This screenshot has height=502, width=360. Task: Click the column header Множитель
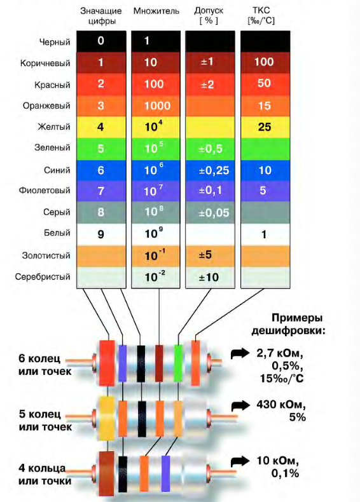[x=156, y=11]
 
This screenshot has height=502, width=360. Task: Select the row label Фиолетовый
[x=45, y=191]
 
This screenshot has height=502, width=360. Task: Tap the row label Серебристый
[x=43, y=276]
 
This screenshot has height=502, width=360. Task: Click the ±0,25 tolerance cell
[x=214, y=170]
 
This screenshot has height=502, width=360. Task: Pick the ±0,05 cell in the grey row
[x=214, y=213]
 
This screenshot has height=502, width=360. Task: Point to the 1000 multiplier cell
[x=157, y=106]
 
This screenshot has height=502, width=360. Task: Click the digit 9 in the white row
[x=100, y=234]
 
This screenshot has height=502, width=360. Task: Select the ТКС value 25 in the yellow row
[x=265, y=127]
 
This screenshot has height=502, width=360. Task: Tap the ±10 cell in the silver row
[x=209, y=277]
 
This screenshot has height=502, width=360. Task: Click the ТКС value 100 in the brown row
[x=264, y=62]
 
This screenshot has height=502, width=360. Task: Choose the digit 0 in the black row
[x=100, y=41]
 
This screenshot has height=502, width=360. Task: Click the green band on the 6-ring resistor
[x=178, y=363]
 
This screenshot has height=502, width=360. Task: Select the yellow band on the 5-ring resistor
[x=107, y=417]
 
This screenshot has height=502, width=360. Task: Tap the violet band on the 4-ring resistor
[x=165, y=473]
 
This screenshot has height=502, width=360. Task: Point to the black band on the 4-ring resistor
[x=123, y=474]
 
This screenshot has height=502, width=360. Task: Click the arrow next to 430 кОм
[x=240, y=405]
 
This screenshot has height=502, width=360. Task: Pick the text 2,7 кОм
[x=279, y=353]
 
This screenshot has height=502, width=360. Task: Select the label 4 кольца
[x=42, y=468]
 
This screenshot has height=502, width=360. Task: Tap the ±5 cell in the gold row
[x=205, y=255]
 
